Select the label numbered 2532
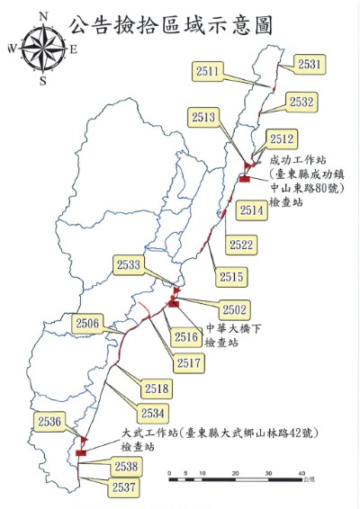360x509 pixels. (x=301, y=103)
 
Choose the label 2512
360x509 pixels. (x=282, y=139)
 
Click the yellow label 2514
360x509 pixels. (x=253, y=210)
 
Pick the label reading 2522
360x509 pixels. (x=241, y=244)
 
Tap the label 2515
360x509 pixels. (x=230, y=276)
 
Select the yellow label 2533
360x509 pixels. (x=130, y=264)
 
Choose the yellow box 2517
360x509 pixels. (x=189, y=363)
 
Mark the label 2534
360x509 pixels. (x=152, y=413)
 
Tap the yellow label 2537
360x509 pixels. (x=126, y=487)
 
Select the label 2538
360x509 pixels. (x=126, y=467)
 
